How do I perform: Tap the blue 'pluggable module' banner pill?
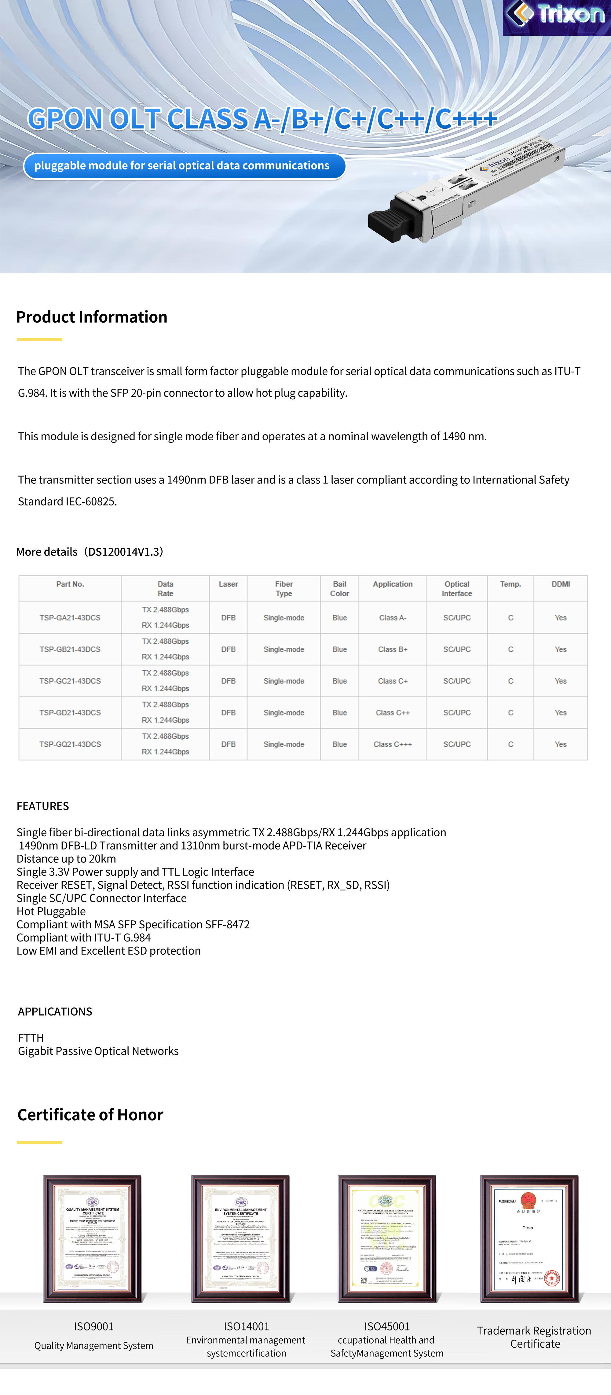(184, 166)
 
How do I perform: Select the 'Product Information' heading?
(91, 317)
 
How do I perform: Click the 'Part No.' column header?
(70, 584)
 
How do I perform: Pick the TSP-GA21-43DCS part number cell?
(70, 618)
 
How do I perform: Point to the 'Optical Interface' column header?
(457, 589)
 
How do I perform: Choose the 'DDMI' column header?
(561, 584)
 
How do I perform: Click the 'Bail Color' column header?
(339, 589)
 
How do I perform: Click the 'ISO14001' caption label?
(246, 1326)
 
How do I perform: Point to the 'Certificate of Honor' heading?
(90, 1115)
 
